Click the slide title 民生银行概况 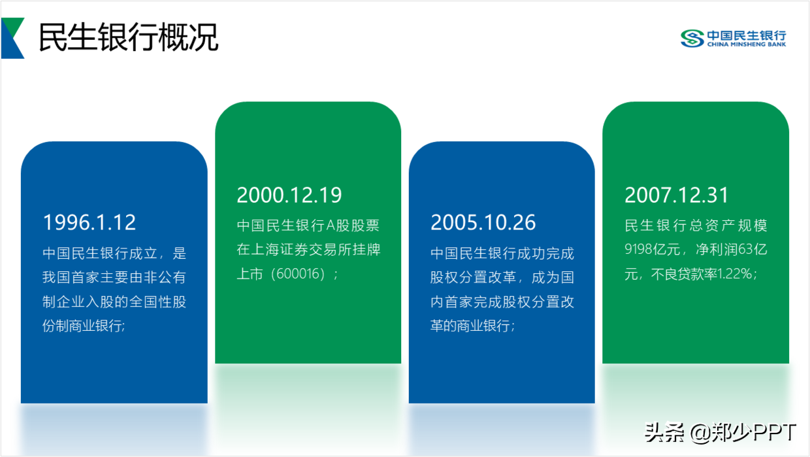(x=129, y=37)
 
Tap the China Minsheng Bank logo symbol (x=692, y=39)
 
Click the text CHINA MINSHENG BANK (x=747, y=44)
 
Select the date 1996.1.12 (x=89, y=222)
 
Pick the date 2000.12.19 (x=289, y=195)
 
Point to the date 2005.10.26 (x=483, y=222)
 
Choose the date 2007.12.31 (x=677, y=195)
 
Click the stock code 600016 (x=298, y=274)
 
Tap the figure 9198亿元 (x=653, y=249)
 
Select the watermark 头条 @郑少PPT (x=721, y=432)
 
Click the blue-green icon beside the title (x=12, y=38)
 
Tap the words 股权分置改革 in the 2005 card (x=474, y=277)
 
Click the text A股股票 (x=353, y=226)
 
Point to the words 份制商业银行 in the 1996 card (x=82, y=326)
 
